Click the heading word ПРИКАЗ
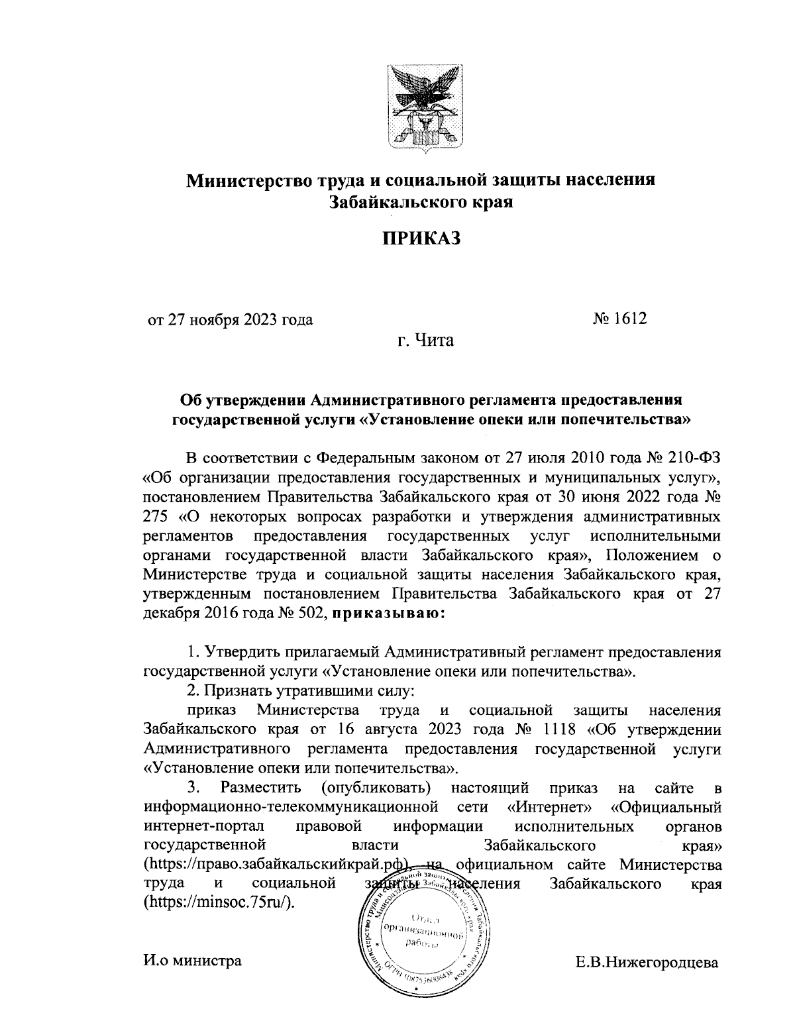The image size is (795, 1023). [x=420, y=238]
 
